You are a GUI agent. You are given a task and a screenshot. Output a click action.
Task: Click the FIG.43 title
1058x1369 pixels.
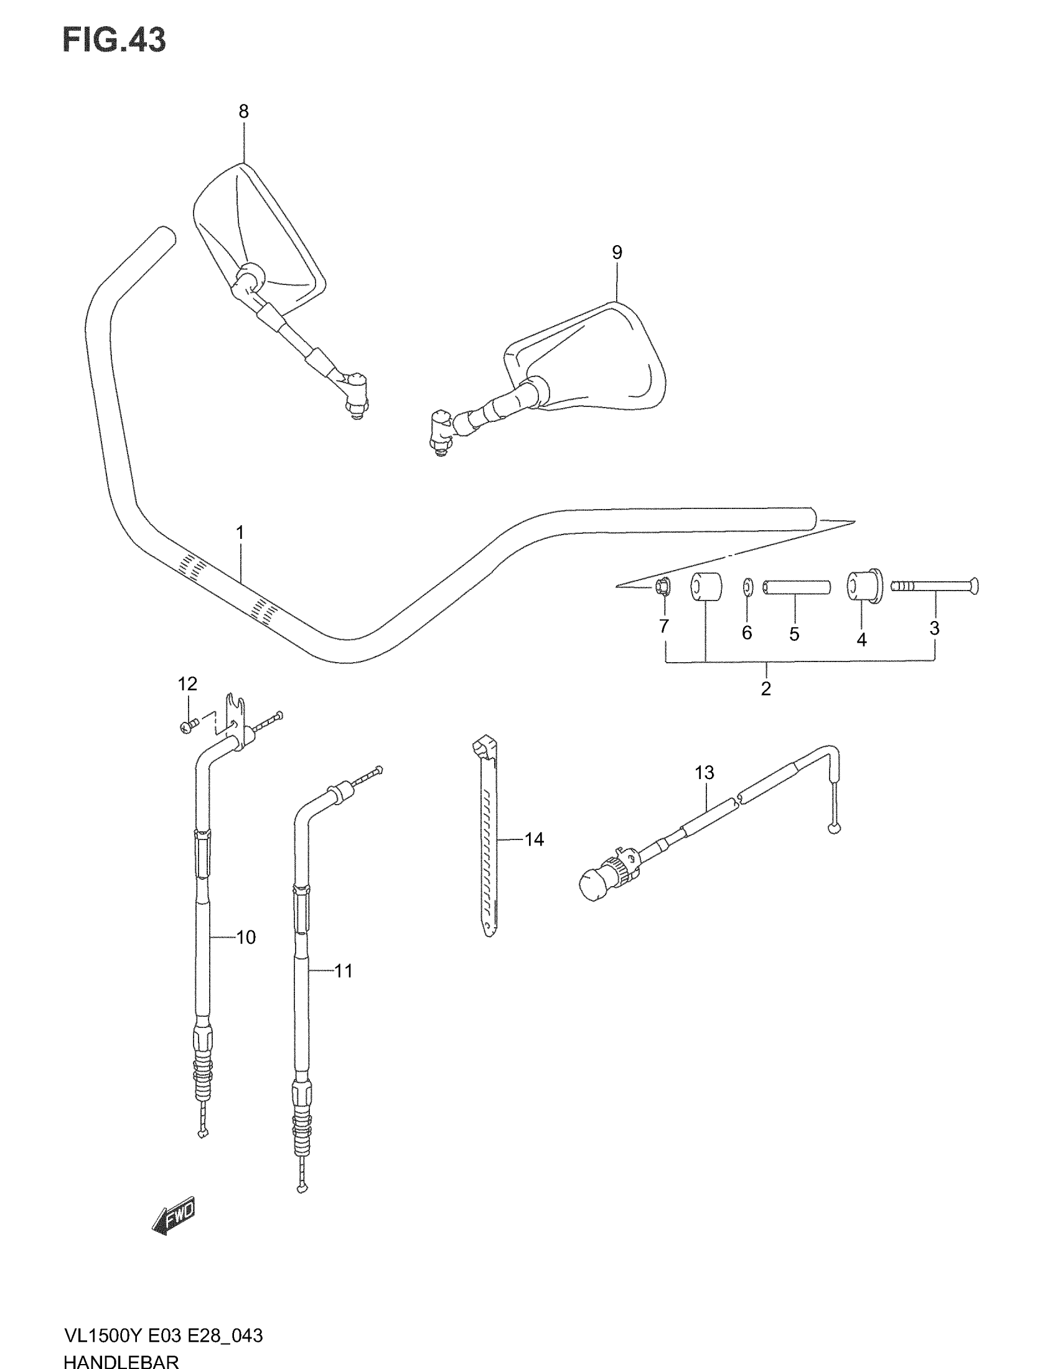point(114,40)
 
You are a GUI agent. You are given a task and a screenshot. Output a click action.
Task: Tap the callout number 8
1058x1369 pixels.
point(243,111)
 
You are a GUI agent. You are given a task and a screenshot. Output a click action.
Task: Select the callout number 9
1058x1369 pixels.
point(617,253)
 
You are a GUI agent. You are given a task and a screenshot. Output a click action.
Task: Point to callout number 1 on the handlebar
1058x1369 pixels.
point(240,533)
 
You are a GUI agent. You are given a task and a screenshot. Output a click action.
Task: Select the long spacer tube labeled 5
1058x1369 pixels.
point(797,587)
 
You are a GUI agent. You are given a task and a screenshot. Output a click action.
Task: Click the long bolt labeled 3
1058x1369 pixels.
point(935,587)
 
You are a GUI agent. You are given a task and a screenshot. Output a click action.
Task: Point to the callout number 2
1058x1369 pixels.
point(765,688)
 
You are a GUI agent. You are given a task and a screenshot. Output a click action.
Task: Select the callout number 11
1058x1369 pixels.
point(344,971)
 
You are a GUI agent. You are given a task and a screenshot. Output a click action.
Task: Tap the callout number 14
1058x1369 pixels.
point(534,839)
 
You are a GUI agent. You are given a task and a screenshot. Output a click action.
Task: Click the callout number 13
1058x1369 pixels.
point(705,773)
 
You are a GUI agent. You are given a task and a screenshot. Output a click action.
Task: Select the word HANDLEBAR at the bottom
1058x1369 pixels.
point(121,1361)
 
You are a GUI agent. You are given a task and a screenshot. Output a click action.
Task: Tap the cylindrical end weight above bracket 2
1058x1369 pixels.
point(706,587)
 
